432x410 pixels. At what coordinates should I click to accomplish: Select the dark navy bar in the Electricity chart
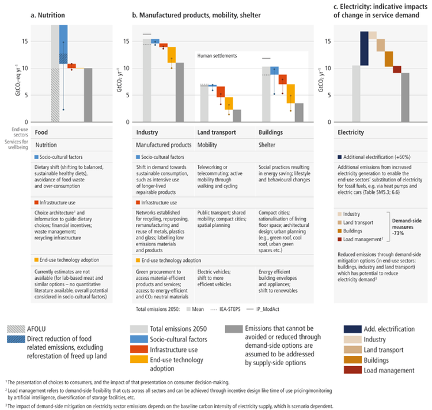(364, 48)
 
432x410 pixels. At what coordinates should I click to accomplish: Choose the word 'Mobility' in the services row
(209, 145)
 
